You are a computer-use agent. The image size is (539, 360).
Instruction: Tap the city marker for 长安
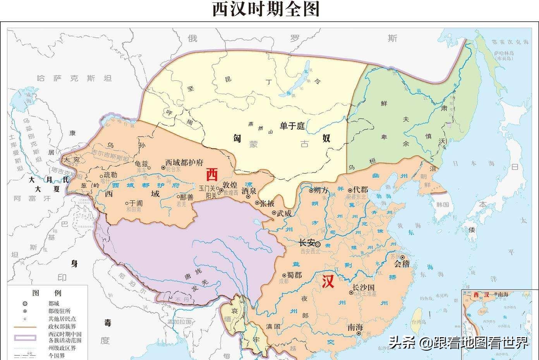[318, 244]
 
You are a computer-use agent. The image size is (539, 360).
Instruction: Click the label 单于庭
[293, 126]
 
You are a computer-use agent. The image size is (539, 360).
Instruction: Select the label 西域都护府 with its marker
[182, 163]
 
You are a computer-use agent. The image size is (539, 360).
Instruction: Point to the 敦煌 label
[231, 185]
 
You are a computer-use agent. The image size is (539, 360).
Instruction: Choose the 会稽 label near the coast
[402, 264]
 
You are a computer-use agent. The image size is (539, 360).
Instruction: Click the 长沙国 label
[364, 288]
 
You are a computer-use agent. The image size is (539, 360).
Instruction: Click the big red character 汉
[328, 281]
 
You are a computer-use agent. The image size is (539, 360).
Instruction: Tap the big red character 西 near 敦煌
[212, 175]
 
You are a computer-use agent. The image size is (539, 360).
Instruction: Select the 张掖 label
[267, 203]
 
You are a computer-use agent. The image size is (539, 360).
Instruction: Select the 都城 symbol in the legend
[25, 304]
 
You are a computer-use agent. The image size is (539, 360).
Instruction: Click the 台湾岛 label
[418, 322]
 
